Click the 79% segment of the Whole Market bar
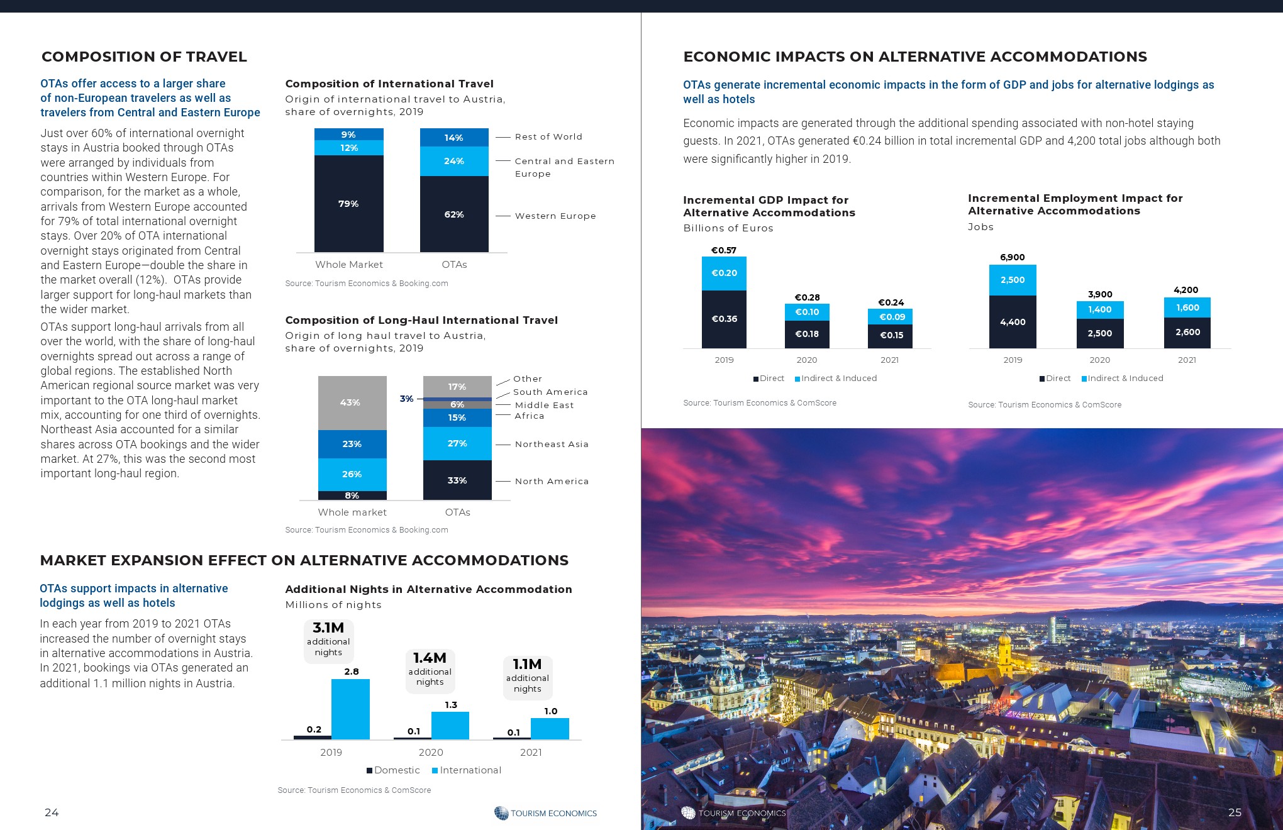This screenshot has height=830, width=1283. click(x=348, y=203)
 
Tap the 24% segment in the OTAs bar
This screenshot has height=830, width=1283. click(x=454, y=161)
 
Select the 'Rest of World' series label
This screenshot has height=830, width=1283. click(x=548, y=136)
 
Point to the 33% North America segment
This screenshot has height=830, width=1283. click(x=457, y=480)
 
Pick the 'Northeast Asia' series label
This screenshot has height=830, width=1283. click(x=552, y=444)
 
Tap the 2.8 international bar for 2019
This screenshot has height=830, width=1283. click(x=350, y=709)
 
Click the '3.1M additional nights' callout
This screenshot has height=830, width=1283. click(x=328, y=638)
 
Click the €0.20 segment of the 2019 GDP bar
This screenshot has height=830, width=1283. click(x=724, y=273)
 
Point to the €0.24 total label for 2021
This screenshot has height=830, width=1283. click(x=891, y=302)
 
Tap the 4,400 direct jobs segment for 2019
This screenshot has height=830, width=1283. click(x=1013, y=322)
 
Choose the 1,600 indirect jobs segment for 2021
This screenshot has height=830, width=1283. click(x=1187, y=307)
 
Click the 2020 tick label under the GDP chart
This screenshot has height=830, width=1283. click(x=807, y=360)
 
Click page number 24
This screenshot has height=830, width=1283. click(x=52, y=812)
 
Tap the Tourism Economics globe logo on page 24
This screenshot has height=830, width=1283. click(x=501, y=813)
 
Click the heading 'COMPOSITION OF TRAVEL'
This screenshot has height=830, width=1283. click(x=144, y=57)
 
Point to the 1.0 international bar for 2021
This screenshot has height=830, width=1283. click(x=550, y=728)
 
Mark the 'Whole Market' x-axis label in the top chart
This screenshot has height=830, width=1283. click(x=348, y=265)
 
